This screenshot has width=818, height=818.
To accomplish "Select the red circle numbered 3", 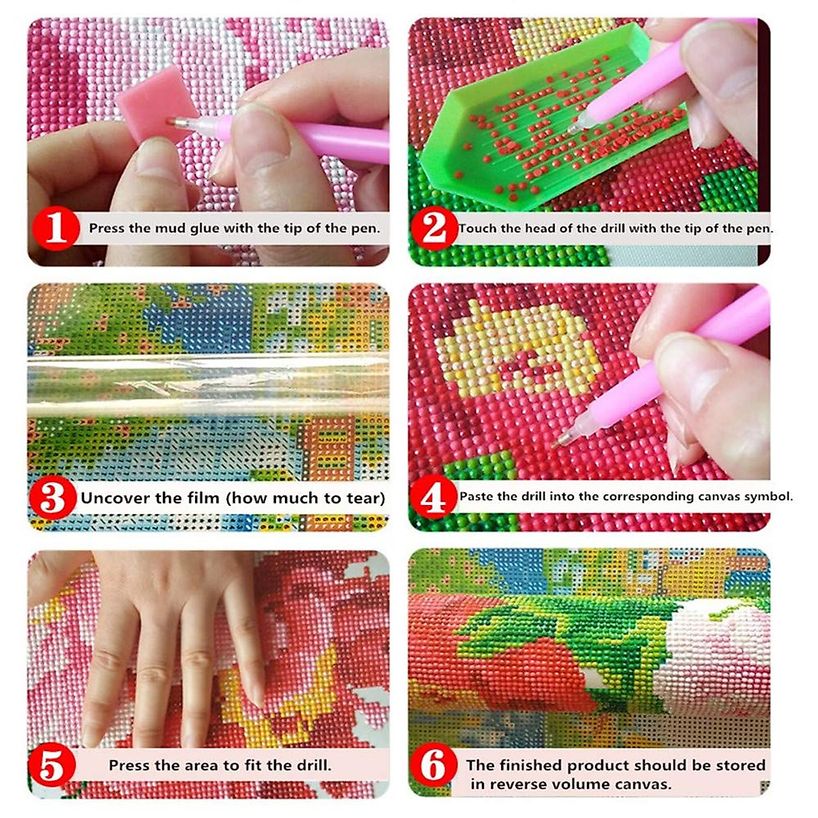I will (52, 498).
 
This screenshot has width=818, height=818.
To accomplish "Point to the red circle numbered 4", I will (434, 498).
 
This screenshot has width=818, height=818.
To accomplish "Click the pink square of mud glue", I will (151, 112).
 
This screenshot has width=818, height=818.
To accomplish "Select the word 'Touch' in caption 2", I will (478, 228).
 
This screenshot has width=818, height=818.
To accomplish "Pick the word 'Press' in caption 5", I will (130, 766).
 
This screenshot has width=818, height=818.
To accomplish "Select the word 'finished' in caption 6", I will (530, 766).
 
